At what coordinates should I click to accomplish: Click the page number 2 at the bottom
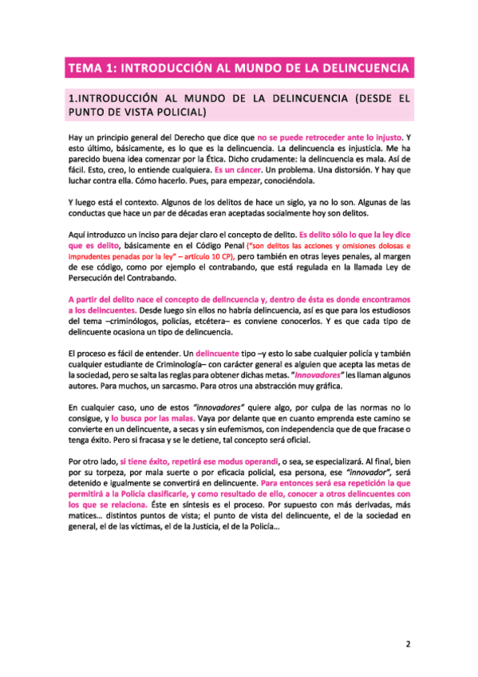pos(406,619)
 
